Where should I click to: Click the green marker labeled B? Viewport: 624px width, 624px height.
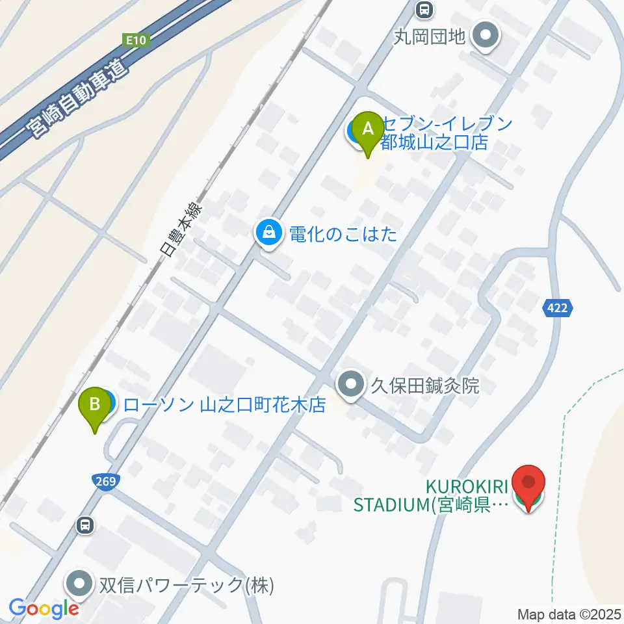(95, 406)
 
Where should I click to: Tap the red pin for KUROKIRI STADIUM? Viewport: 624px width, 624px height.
(528, 484)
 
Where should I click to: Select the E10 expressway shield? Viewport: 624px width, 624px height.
(138, 40)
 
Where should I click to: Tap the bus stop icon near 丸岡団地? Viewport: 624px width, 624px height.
(424, 9)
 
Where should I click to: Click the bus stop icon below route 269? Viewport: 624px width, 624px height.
(84, 525)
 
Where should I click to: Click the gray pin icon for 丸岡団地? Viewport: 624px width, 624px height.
(486, 35)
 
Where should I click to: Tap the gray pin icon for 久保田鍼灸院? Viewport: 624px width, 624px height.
(352, 385)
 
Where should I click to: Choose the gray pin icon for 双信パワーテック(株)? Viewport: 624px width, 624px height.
(80, 585)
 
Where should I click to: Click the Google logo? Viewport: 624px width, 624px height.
(44, 608)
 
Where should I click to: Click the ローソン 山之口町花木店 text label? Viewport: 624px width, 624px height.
(224, 406)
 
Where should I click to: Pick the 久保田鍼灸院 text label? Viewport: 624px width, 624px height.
(424, 386)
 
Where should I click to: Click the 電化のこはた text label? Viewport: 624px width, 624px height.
(343, 235)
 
